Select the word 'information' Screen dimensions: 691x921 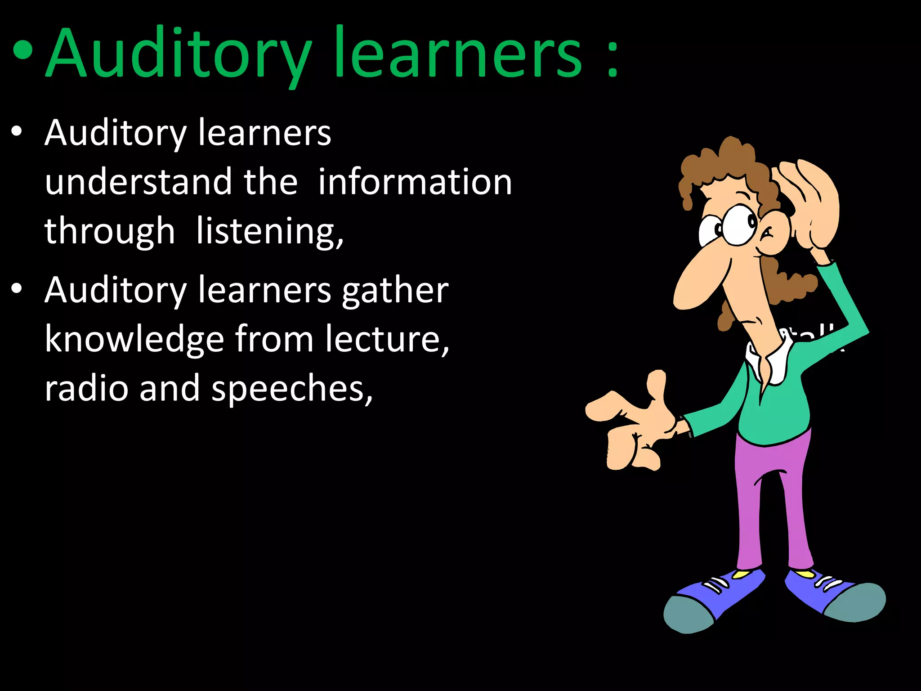tap(415, 182)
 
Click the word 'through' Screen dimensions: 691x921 tap(109, 231)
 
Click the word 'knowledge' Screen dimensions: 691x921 tap(134, 339)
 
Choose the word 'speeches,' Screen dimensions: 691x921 tap(292, 389)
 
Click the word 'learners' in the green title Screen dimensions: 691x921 tap(458, 54)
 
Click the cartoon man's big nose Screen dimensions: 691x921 tap(699, 279)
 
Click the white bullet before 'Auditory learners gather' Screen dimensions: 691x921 tap(17, 289)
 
